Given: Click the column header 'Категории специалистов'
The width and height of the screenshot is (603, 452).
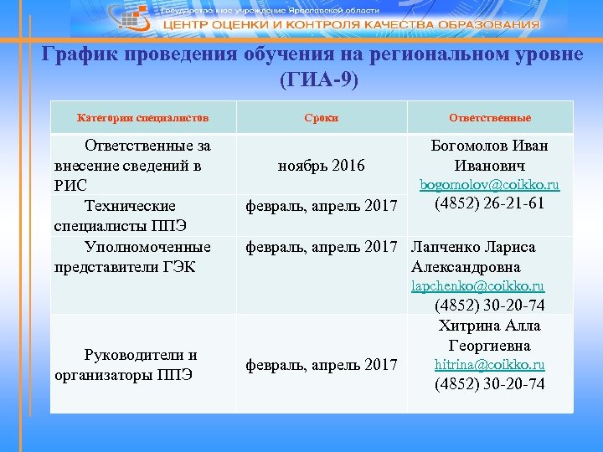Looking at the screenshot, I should click(143, 118).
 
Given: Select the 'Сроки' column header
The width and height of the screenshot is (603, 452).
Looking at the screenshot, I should click(322, 118).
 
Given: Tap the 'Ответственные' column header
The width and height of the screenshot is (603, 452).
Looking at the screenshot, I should click(490, 118).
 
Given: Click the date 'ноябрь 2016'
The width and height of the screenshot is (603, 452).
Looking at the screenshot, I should click(322, 166).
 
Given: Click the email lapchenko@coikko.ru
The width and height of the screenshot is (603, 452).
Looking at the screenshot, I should click(477, 286).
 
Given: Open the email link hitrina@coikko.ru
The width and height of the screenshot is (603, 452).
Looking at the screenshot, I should click(490, 364).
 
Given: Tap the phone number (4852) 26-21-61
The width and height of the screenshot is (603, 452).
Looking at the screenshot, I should click(490, 204).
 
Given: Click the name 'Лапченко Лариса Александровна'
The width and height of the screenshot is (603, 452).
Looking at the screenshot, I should click(474, 257).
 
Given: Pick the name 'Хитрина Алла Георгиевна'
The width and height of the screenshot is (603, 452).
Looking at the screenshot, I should click(490, 335).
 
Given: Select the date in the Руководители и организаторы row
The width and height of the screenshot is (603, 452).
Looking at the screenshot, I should click(322, 364).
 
